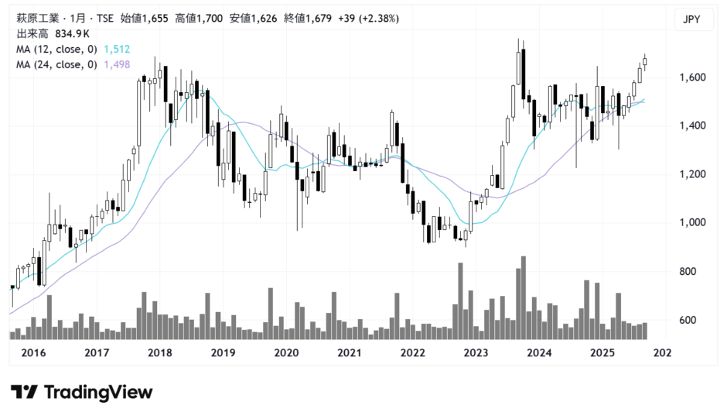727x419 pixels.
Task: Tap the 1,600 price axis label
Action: pyautogui.click(x=693, y=77)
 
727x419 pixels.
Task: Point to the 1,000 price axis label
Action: pyautogui.click(x=693, y=222)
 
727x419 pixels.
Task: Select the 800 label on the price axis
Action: pyautogui.click(x=688, y=271)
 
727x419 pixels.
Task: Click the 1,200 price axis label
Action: pyautogui.click(x=693, y=174)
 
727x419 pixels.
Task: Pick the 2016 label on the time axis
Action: pyautogui.click(x=33, y=352)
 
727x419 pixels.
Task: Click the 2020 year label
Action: pyautogui.click(x=286, y=352)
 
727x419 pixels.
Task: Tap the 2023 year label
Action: pyautogui.click(x=476, y=352)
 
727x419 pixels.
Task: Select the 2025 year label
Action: pyautogui.click(x=602, y=352)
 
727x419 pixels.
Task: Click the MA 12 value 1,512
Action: pyautogui.click(x=117, y=50)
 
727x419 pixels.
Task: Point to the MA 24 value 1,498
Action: pyautogui.click(x=117, y=64)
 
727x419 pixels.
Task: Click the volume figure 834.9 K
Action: pyautogui.click(x=73, y=33)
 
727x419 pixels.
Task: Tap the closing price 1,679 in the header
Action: pyautogui.click(x=319, y=18)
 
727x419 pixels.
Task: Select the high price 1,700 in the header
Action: pyautogui.click(x=210, y=18)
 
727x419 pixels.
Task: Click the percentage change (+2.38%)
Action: pyautogui.click(x=381, y=18)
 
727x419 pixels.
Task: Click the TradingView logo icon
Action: pyautogui.click(x=24, y=392)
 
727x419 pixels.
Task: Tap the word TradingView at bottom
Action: pyautogui.click(x=98, y=393)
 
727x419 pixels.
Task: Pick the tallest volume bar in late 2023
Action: pyautogui.click(x=524, y=297)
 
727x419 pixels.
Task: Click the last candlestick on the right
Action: pyautogui.click(x=645, y=62)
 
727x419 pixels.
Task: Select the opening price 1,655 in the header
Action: pyautogui.click(x=155, y=18)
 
